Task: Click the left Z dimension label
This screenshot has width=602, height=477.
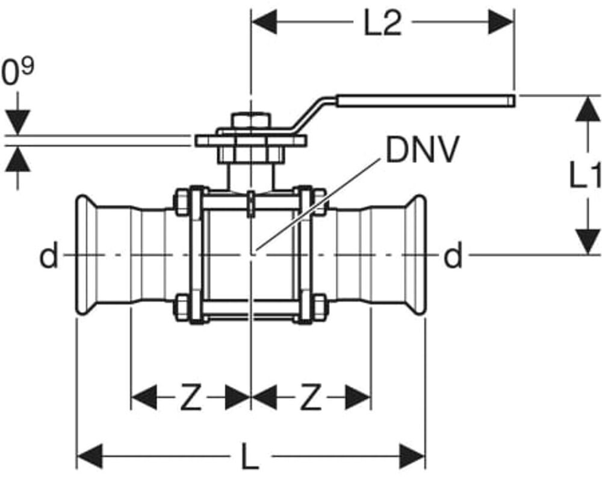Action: [190, 398]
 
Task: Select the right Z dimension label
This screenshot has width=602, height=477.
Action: [311, 398]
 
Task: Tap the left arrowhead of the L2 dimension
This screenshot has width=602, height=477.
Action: [263, 23]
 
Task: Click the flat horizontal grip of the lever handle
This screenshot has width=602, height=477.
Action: [424, 100]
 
